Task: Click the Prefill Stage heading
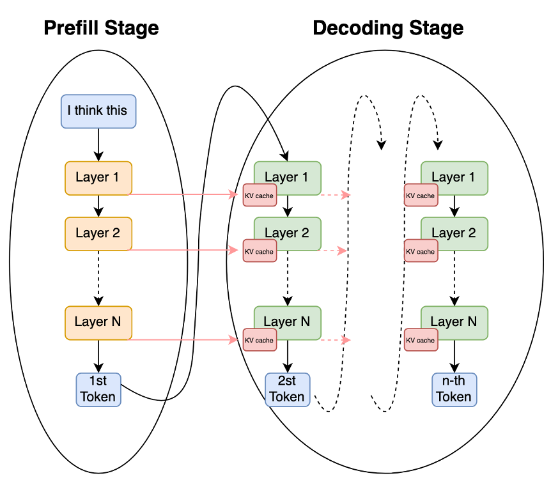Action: click(101, 28)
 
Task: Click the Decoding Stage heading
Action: click(387, 28)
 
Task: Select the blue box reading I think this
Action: click(98, 111)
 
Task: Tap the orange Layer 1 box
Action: click(98, 178)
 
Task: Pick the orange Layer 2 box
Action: click(98, 233)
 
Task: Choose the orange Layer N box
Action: click(98, 322)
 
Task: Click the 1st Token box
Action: click(98, 389)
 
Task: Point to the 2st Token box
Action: click(287, 389)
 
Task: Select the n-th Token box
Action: click(454, 389)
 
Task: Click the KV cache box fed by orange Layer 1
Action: click(259, 196)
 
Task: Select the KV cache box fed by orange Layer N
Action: click(259, 340)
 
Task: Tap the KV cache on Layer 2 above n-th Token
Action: click(421, 251)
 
